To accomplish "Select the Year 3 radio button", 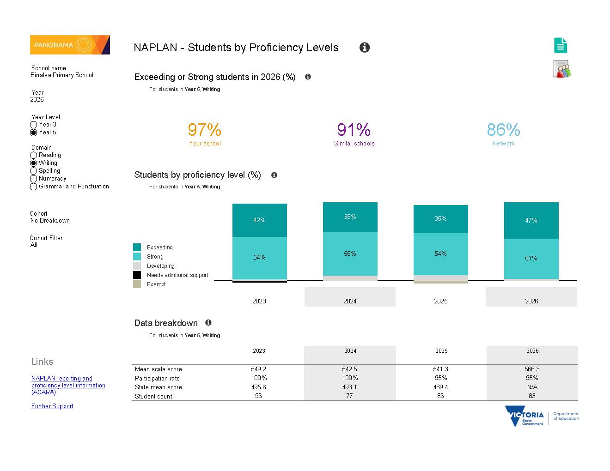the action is (33, 125).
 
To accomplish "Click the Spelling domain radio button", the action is (33, 171).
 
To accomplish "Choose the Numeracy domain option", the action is (33, 179).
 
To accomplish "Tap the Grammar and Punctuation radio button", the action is (33, 187).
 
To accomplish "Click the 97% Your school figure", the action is (204, 130).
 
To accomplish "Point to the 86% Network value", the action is (503, 130).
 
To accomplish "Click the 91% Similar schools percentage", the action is (354, 130).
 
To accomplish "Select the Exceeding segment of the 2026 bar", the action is (531, 220).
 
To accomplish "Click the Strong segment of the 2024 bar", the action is (350, 254).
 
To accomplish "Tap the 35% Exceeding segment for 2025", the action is (440, 219).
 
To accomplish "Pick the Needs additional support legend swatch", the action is (137, 275).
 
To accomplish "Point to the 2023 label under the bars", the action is (259, 301).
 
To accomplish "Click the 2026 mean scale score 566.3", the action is (532, 369).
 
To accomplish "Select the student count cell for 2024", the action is (349, 396).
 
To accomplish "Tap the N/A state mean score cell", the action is (532, 387).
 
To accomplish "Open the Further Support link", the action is (52, 406).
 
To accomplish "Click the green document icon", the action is (560, 45).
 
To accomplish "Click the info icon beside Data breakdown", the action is (208, 323).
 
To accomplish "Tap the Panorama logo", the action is (70, 45).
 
